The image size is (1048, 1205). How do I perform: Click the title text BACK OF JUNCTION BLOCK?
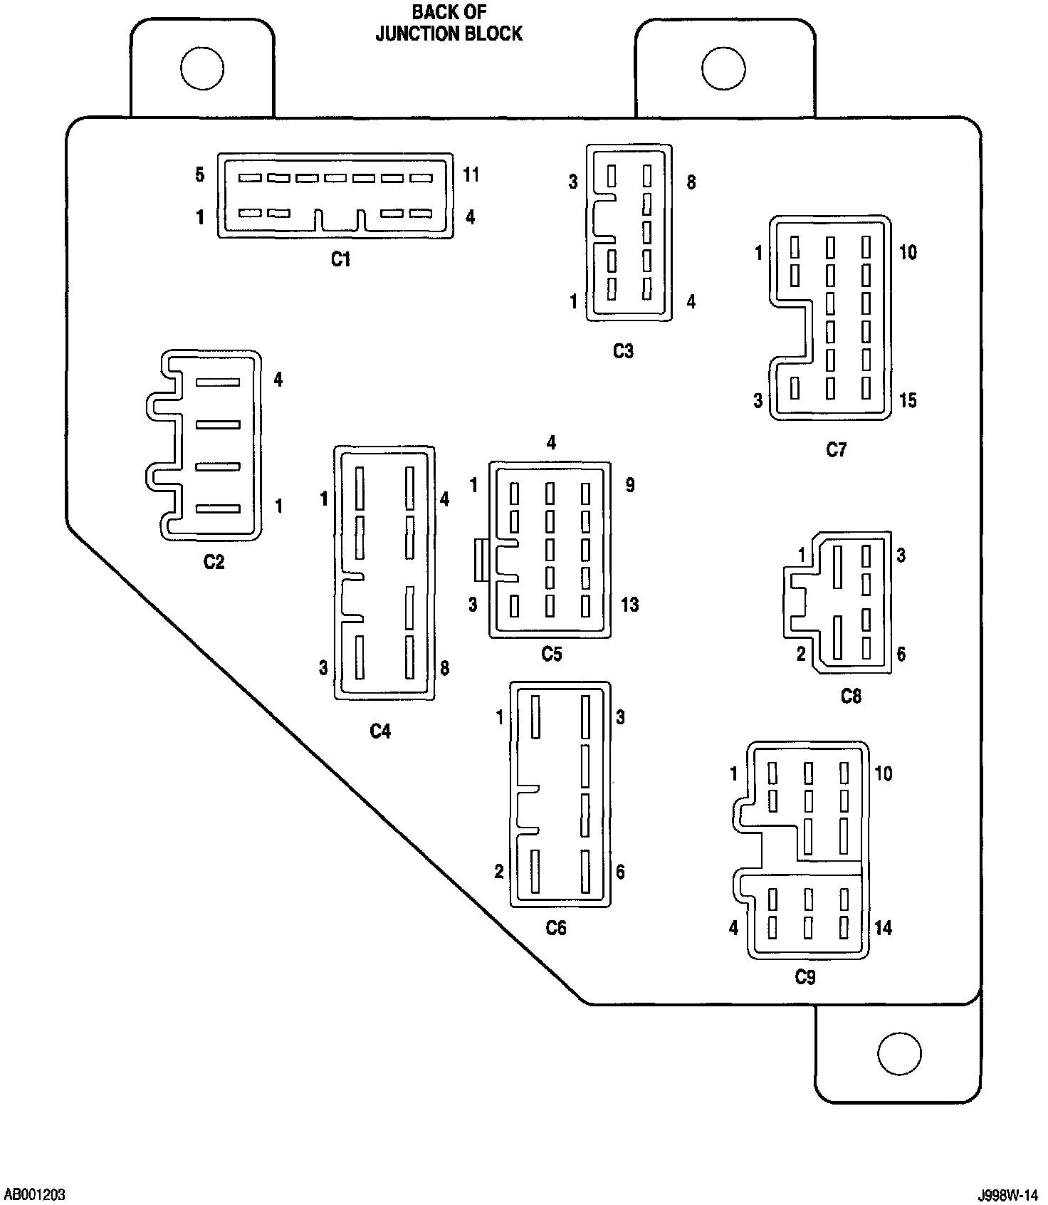click(x=449, y=24)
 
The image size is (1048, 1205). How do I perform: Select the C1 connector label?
click(x=341, y=259)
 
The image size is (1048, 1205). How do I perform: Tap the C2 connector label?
click(x=214, y=562)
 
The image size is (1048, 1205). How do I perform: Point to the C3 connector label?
click(x=623, y=351)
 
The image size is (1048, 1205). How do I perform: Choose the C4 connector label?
click(x=380, y=731)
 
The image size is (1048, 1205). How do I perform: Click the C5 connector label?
click(x=552, y=654)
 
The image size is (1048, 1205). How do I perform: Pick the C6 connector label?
click(x=556, y=928)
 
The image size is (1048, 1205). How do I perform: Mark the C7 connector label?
click(x=837, y=450)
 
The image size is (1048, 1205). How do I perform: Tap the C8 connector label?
click(x=851, y=696)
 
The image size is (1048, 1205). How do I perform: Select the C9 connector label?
click(x=805, y=978)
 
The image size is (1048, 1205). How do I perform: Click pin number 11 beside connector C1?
click(x=471, y=174)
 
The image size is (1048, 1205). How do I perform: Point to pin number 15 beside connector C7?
click(x=908, y=401)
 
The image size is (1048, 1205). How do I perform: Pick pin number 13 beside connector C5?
click(x=629, y=605)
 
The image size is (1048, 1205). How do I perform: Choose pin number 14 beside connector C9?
click(x=883, y=928)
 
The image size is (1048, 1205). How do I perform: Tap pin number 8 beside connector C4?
click(x=444, y=668)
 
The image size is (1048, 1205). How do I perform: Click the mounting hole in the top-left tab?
click(x=202, y=68)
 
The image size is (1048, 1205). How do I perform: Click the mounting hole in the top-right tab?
click(x=723, y=68)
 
